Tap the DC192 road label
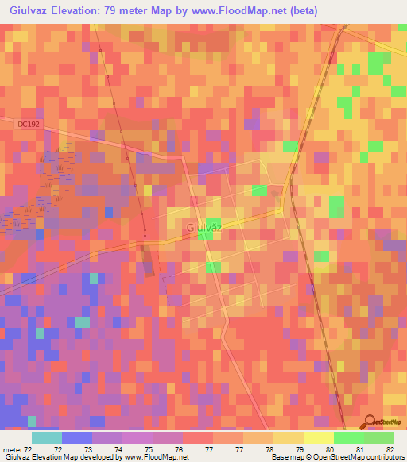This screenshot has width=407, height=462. click(x=27, y=124)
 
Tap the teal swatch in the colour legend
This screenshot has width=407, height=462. click(x=46, y=437)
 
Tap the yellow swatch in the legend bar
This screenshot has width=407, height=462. click(x=318, y=437)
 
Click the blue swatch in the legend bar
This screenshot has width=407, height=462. click(x=76, y=437)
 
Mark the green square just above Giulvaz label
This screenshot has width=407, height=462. click(x=214, y=224)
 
